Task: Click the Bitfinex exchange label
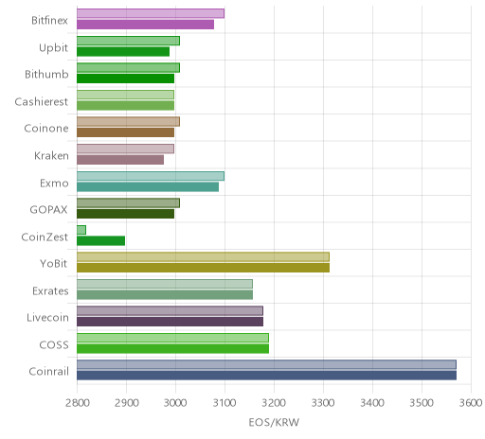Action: (x=49, y=21)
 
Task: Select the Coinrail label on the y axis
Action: (x=48, y=372)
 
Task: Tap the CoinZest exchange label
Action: (x=45, y=237)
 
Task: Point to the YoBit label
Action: (x=53, y=263)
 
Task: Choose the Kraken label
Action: (x=51, y=156)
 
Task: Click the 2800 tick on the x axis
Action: (x=78, y=403)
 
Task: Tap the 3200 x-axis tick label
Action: (x=274, y=403)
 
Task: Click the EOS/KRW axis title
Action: (x=274, y=422)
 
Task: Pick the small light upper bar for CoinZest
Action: (x=81, y=230)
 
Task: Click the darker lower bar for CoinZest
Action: (x=101, y=241)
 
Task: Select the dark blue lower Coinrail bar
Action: (x=267, y=376)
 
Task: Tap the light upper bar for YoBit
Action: (x=203, y=256)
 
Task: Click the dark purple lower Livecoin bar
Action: (x=171, y=322)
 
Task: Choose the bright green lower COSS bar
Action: (x=173, y=349)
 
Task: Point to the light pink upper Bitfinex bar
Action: (x=151, y=13)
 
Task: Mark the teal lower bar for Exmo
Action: (x=148, y=187)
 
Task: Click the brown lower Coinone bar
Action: (x=126, y=132)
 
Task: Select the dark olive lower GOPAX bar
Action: (x=126, y=214)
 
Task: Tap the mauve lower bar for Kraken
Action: (x=120, y=160)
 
